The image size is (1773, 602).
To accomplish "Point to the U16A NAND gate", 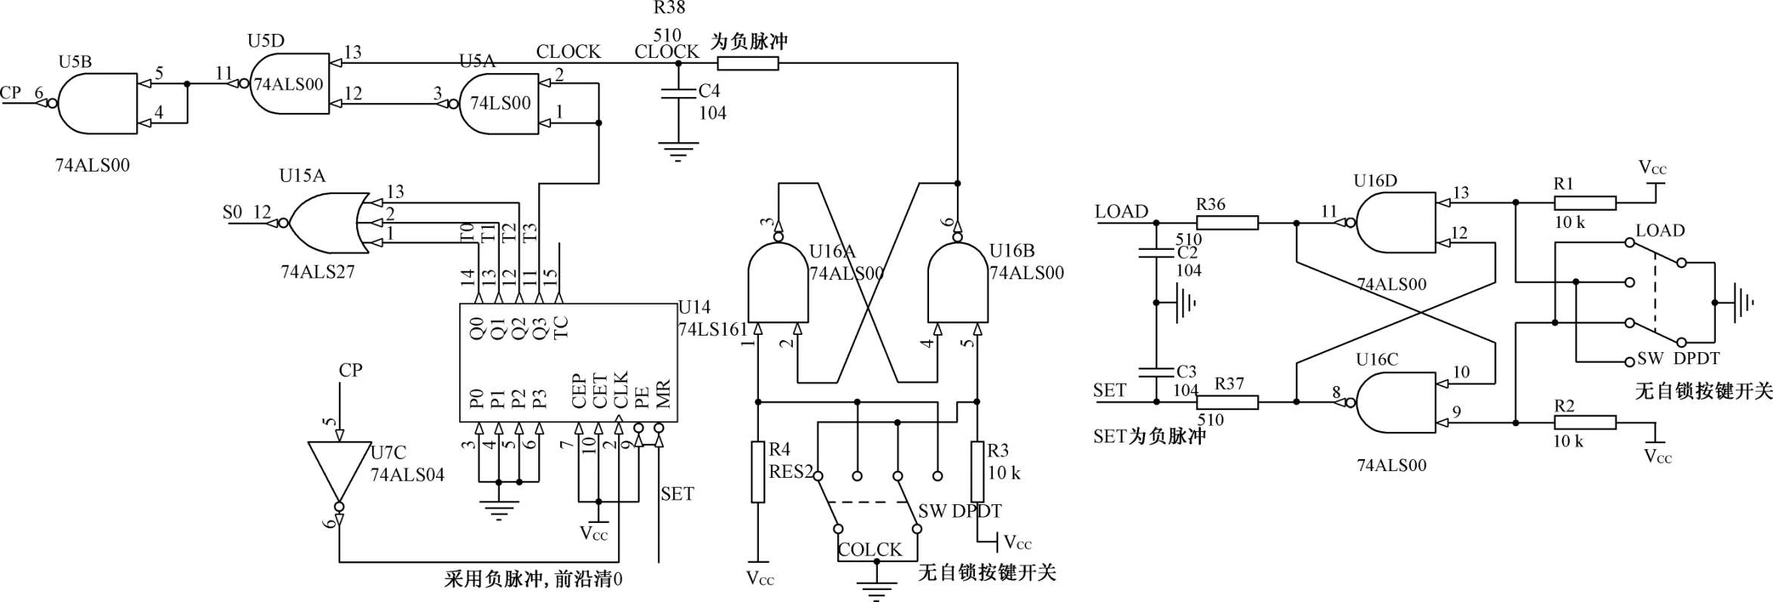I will pos(777,283).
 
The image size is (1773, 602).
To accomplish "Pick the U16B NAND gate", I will pos(958,283).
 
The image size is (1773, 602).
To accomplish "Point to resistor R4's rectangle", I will pos(758,472).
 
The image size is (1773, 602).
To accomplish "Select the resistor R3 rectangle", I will pos(977,472).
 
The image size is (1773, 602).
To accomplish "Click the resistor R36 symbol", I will pos(1227,223).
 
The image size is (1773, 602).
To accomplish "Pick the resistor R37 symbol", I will pos(1227,403).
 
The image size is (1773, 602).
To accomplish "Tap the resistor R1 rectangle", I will pos(1585,202).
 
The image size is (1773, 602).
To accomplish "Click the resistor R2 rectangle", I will pos(1585,422).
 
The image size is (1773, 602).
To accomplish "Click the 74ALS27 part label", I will pos(317,272).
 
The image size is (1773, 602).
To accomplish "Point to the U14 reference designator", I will pos(693,307).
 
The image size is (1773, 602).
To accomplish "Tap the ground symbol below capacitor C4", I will pos(678,152).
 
